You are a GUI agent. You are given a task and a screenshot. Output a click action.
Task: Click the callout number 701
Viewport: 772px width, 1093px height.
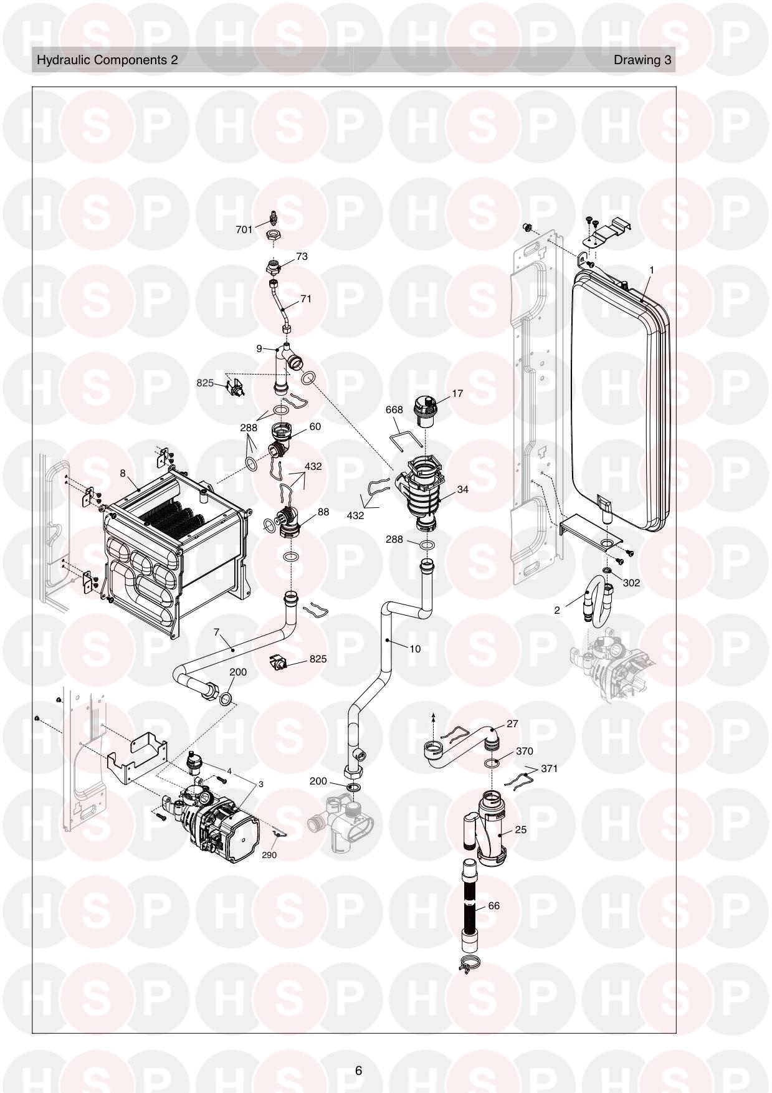[x=244, y=230]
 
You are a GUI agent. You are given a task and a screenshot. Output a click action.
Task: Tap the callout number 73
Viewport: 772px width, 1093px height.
[x=302, y=256]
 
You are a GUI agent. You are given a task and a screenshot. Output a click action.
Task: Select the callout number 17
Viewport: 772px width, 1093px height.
[x=457, y=393]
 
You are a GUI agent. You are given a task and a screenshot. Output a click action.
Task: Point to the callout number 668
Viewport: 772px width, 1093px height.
[x=394, y=409]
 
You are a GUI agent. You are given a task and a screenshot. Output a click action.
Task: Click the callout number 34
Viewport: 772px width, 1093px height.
[x=462, y=489]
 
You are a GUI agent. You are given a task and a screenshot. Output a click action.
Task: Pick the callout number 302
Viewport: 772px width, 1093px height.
[x=631, y=583]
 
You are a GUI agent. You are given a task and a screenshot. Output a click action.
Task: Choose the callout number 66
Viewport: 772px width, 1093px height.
[x=493, y=905]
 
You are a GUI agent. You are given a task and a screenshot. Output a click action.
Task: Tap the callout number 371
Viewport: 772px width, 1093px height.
[x=549, y=768]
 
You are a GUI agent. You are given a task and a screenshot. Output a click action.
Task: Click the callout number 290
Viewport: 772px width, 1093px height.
[x=269, y=855]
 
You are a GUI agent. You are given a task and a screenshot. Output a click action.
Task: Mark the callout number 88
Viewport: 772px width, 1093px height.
[x=323, y=512]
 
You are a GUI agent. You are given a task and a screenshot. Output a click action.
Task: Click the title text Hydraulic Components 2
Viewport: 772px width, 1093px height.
[x=107, y=60]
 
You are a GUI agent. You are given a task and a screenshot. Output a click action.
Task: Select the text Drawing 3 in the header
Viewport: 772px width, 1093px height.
[x=642, y=60]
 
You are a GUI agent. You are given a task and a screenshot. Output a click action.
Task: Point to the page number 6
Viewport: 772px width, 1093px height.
[x=358, y=1071]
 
